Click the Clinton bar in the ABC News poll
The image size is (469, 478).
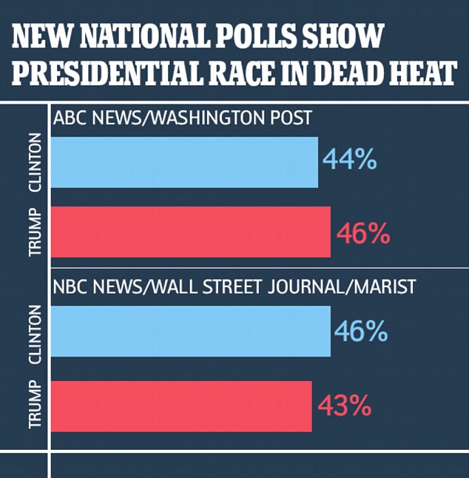click(184, 162)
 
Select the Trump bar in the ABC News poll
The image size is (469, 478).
click(190, 232)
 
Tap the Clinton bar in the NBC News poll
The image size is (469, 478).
click(190, 331)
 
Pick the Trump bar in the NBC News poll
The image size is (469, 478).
click(181, 405)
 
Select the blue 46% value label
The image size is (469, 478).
click(362, 330)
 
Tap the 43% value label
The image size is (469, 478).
click(343, 405)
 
